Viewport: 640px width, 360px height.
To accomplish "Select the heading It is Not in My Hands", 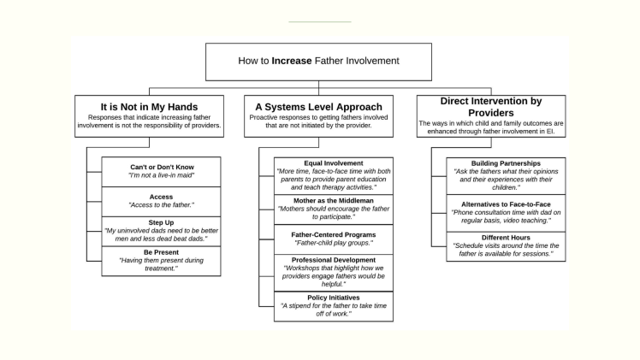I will click(x=149, y=107).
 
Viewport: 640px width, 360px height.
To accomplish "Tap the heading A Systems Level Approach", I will click(x=318, y=107).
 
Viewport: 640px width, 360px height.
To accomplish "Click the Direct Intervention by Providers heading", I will click(x=490, y=107).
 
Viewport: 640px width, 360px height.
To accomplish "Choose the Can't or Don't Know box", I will click(x=161, y=169).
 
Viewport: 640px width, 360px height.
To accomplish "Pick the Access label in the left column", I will click(x=161, y=196).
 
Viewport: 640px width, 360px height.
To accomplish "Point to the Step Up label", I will click(x=161, y=221).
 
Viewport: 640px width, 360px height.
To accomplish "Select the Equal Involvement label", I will click(x=334, y=162).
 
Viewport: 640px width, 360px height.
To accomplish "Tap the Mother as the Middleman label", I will click(x=334, y=200).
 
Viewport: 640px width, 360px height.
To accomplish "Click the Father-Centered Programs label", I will click(x=334, y=233).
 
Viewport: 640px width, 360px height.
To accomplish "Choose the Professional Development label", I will click(x=334, y=259).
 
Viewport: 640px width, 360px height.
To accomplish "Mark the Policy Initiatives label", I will click(x=334, y=297).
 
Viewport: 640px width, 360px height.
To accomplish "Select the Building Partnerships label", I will click(x=506, y=162).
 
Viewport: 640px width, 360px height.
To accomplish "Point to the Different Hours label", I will click(x=506, y=237).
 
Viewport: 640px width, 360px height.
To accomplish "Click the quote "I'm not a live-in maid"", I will click(x=161, y=175).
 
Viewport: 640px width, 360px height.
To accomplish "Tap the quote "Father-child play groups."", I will click(x=334, y=242).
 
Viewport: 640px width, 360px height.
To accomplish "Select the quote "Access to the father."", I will click(x=161, y=205).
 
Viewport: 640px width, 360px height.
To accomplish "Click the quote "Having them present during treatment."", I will click(x=161, y=265).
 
